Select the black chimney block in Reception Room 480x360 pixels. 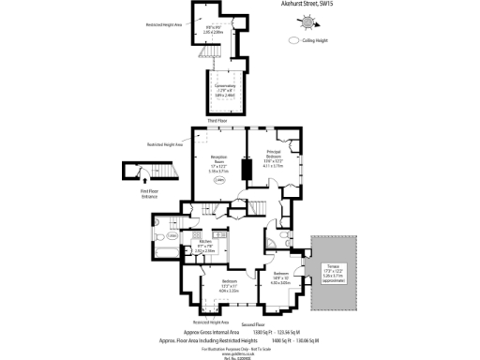coord(247,170)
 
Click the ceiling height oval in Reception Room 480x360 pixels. coord(219,181)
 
